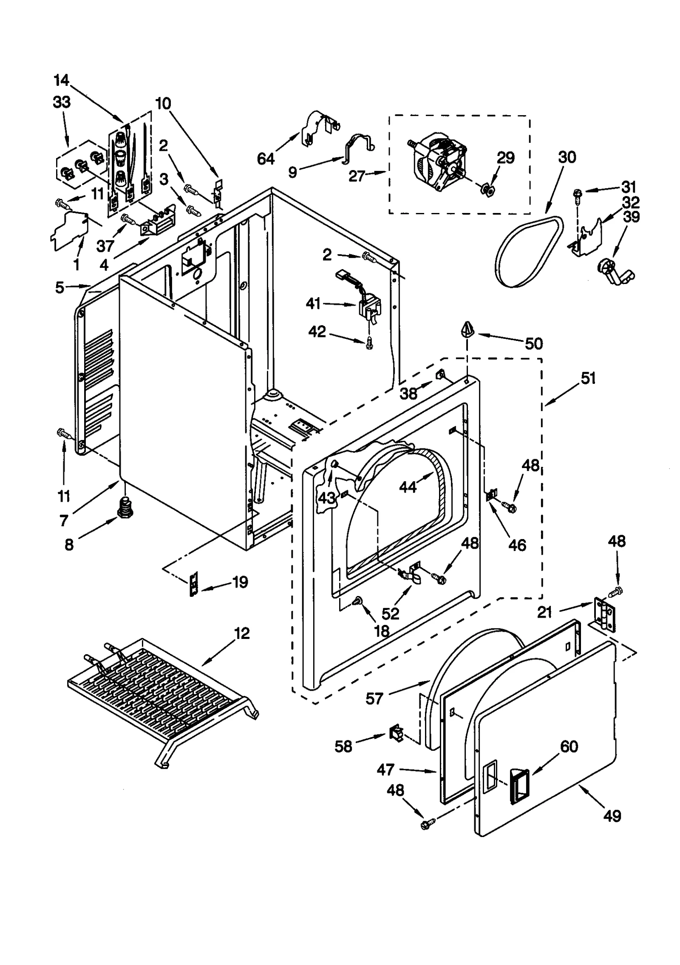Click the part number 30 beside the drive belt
click(x=567, y=157)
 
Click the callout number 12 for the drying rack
click(x=241, y=634)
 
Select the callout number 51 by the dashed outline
click(x=588, y=378)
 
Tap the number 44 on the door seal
click(x=408, y=487)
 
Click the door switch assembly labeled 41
click(x=369, y=305)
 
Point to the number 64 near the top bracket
click(x=266, y=159)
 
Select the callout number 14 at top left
click(x=61, y=79)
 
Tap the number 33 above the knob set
click(x=62, y=102)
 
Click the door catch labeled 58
click(x=395, y=733)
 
